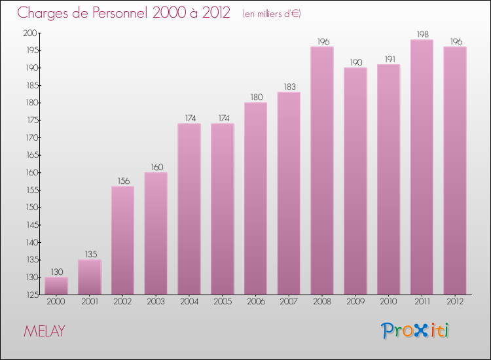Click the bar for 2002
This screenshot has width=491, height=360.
[x=122, y=240]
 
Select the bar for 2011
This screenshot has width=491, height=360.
[x=422, y=167]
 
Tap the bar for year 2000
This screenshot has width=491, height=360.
[x=56, y=286]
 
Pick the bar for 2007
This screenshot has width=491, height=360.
[x=289, y=193]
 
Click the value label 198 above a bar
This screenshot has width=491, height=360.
[x=422, y=33]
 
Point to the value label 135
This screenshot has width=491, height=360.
[x=90, y=253]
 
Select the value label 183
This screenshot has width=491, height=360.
[x=289, y=86]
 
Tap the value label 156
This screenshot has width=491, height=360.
[x=122, y=180]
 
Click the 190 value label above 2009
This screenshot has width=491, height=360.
[x=355, y=62]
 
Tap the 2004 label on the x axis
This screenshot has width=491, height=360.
[x=189, y=302]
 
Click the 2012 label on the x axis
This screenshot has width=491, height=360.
[x=455, y=302]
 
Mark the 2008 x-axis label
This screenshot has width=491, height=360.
[x=322, y=302]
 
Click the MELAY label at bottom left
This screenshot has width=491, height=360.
[x=44, y=331]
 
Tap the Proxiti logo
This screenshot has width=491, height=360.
[x=416, y=331]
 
